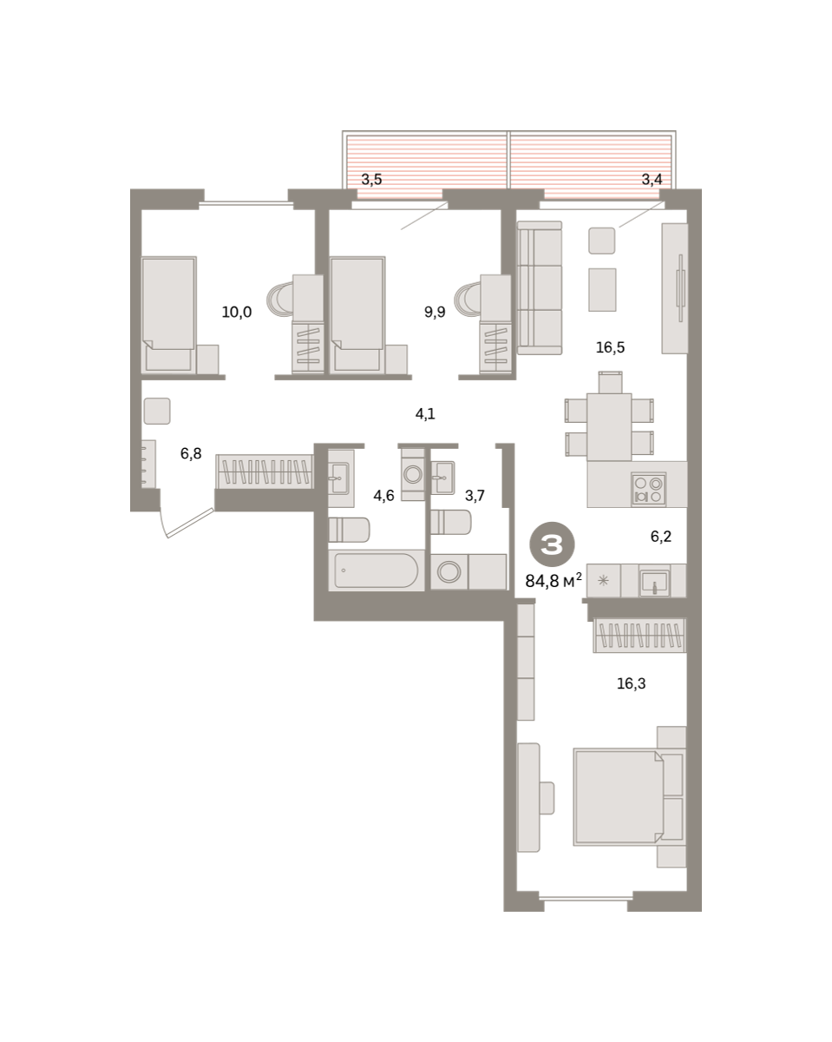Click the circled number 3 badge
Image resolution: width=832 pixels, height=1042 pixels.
(552, 544)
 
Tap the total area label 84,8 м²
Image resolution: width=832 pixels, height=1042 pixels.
(554, 580)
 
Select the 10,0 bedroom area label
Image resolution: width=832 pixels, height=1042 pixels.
(237, 313)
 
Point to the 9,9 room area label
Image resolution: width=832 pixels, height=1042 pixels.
(435, 313)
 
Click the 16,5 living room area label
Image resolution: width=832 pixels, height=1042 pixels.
(610, 347)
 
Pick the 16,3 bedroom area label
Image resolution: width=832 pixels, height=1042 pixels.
(631, 683)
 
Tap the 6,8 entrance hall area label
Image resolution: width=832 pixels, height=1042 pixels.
(191, 453)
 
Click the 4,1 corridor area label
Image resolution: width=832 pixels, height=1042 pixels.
(425, 413)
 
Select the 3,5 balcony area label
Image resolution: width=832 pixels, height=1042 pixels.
(371, 180)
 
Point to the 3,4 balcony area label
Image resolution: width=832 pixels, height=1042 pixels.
(652, 180)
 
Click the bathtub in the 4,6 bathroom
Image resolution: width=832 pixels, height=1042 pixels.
(377, 570)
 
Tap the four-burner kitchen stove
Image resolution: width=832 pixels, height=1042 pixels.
(648, 490)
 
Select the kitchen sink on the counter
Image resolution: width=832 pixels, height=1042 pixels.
(654, 582)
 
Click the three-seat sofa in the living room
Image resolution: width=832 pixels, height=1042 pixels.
(540, 287)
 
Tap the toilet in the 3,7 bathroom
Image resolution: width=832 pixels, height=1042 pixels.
(451, 522)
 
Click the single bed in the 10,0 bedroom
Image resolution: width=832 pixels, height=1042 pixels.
(168, 314)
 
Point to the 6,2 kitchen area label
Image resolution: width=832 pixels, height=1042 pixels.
(661, 537)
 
